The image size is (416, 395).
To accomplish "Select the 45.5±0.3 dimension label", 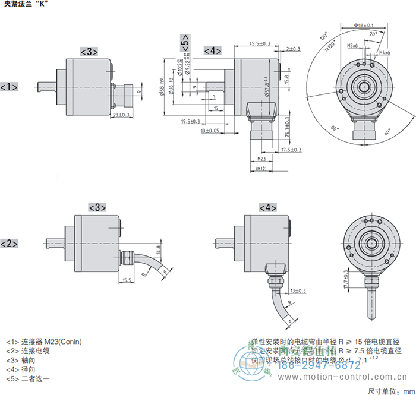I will [260, 43].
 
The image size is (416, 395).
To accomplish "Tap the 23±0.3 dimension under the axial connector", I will [121, 115].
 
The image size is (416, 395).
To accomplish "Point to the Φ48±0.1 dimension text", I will [363, 25].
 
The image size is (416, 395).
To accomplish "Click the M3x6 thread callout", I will [352, 45].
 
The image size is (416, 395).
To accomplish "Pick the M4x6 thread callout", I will [385, 53].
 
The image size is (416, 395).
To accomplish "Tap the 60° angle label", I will [388, 132].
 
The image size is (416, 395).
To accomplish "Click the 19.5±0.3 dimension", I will [191, 121].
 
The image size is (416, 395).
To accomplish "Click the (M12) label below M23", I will [260, 169].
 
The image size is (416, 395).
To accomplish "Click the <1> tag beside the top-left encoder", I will [8, 87].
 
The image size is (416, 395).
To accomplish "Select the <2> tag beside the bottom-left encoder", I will [8, 244].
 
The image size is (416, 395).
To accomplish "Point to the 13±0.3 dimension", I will [298, 290].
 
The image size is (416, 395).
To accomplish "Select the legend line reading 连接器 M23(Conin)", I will [44, 342].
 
